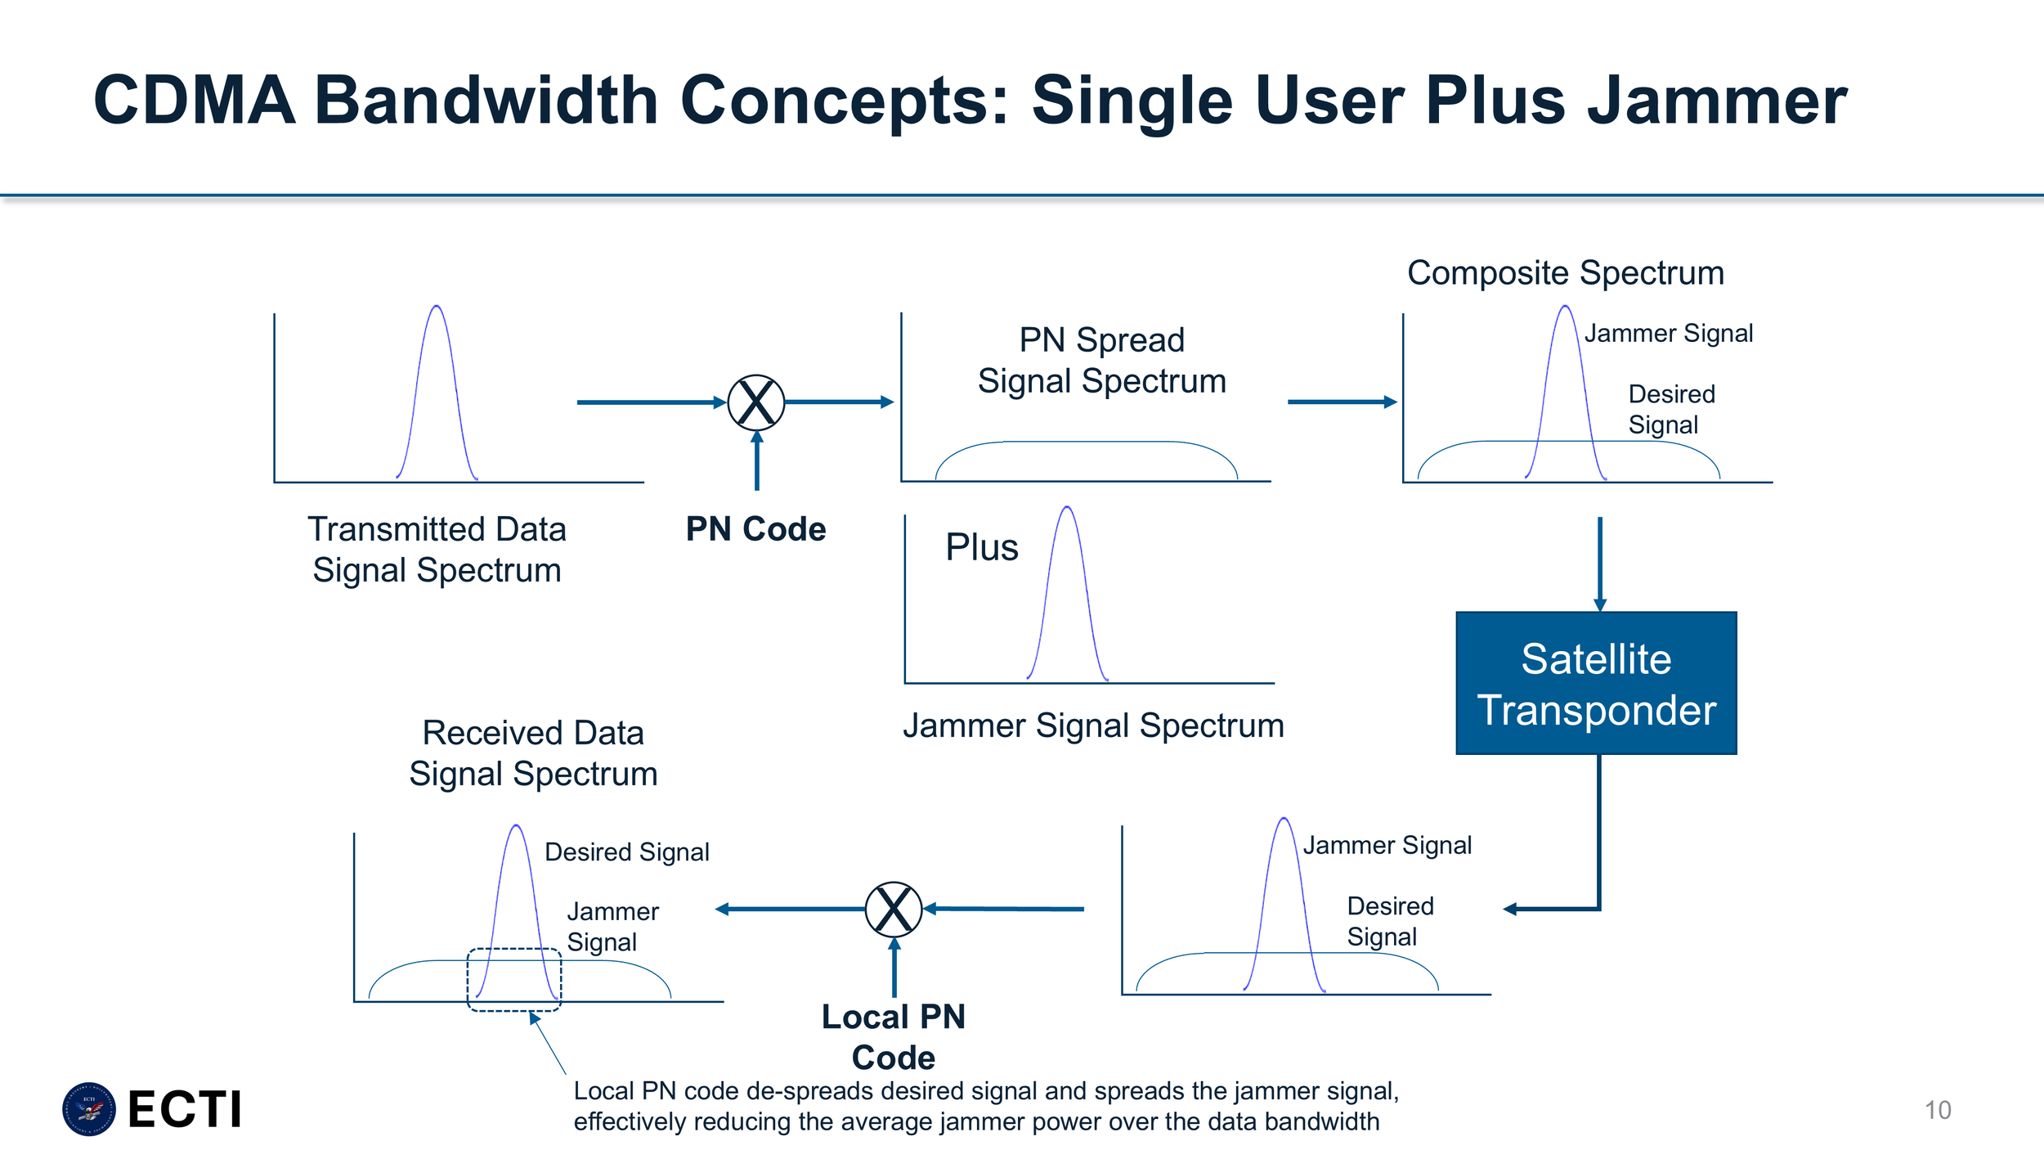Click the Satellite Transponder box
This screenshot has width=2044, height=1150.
(1596, 683)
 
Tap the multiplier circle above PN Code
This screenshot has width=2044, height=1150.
(756, 402)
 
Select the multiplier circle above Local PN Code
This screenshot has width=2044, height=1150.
(894, 909)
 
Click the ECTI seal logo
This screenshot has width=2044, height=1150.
(89, 1109)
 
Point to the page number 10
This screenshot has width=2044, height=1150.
(1938, 1110)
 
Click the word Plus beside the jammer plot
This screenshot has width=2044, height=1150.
(981, 547)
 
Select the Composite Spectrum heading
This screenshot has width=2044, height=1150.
(1565, 273)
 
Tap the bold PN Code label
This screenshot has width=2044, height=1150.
(755, 529)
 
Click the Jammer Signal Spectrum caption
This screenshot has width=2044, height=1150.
(1093, 725)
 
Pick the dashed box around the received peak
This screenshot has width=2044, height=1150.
(514, 979)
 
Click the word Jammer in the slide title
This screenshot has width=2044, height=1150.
(1717, 101)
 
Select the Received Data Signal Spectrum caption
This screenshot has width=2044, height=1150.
(533, 753)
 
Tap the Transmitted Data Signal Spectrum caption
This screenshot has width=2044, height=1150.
(437, 550)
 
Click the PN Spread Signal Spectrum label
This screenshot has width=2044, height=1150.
(1101, 361)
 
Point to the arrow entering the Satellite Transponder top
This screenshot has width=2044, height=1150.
(1600, 564)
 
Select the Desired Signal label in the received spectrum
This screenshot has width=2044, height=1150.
(626, 852)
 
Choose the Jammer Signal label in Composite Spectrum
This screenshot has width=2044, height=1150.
(1668, 334)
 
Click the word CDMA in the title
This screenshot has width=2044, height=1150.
(194, 101)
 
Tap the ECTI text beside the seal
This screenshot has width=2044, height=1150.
(185, 1110)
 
